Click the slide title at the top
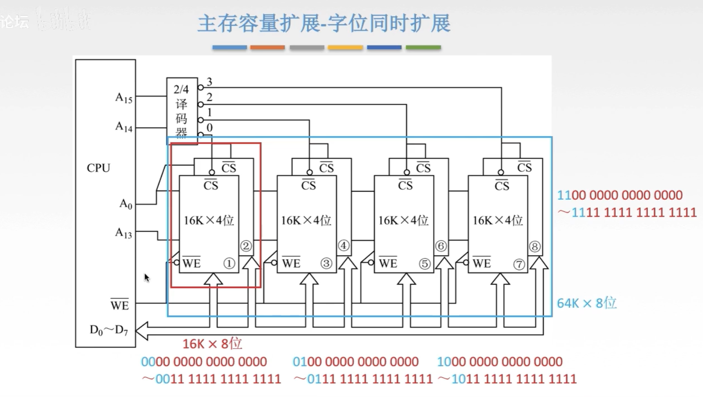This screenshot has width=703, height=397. (324, 23)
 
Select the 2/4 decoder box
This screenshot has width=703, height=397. (182, 110)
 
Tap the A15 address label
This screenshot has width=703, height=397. (124, 98)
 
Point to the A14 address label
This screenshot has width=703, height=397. (124, 127)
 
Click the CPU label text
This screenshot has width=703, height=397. (99, 168)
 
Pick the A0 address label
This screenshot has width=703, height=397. (126, 204)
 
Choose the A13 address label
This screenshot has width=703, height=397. (123, 233)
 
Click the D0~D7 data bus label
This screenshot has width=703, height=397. (108, 330)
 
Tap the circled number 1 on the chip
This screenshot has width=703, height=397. (229, 263)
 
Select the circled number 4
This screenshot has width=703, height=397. (343, 245)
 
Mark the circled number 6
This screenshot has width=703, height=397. (440, 246)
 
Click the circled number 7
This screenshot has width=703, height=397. (518, 264)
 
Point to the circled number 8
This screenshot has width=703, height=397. (535, 246)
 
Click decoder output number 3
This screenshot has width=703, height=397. (209, 82)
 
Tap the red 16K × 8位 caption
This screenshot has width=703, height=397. (212, 344)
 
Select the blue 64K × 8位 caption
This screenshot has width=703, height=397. (587, 303)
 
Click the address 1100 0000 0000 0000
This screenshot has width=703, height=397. (620, 195)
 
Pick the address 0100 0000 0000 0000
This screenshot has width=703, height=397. (355, 361)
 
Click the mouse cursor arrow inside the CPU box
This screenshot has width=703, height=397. (147, 277)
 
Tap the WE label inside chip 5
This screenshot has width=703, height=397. (388, 263)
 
